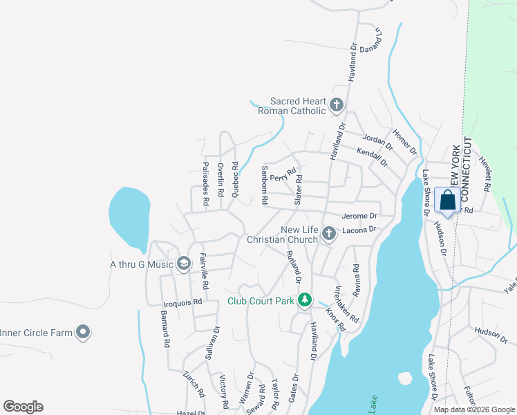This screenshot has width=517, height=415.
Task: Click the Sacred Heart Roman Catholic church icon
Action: pyautogui.click(x=337, y=106)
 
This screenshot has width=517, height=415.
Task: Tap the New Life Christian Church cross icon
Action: pyautogui.click(x=328, y=234)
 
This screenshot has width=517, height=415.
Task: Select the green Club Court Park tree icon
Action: pyautogui.click(x=303, y=300)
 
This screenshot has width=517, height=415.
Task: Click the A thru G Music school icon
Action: pyautogui.click(x=183, y=263)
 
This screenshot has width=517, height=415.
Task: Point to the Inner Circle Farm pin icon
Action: pyautogui.click(x=83, y=333)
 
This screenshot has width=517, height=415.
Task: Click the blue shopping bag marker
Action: pyautogui.click(x=448, y=201)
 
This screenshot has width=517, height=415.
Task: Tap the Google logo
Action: pyautogui.click(x=23, y=407)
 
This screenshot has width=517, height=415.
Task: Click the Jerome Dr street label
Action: pyautogui.click(x=359, y=216)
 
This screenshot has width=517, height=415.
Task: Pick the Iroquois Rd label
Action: pyautogui.click(x=182, y=302)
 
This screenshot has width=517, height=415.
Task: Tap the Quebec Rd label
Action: pyautogui.click(x=235, y=181)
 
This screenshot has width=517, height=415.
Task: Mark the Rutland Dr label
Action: pyautogui.click(x=293, y=266)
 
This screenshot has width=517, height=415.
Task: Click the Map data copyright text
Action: pyautogui.click(x=473, y=409)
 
